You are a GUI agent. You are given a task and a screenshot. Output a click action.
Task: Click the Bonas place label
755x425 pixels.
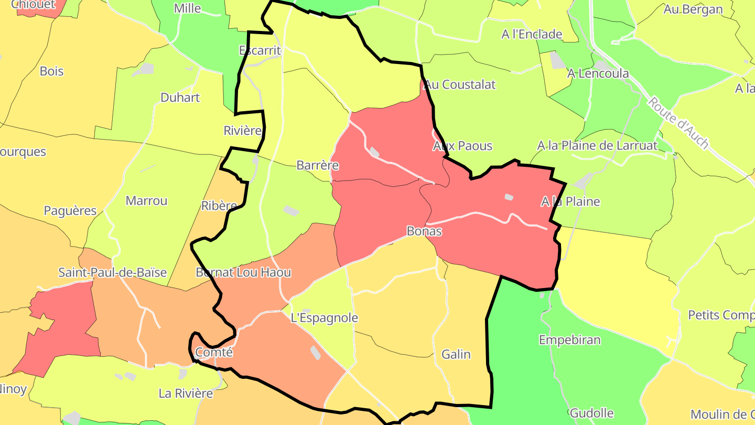(x=424, y=231)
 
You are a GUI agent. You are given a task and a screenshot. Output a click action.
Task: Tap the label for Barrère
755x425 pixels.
(x=318, y=165)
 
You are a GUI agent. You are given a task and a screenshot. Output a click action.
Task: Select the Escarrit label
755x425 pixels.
(x=260, y=50)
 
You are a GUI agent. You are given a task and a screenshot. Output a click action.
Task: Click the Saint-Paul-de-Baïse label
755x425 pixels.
(x=112, y=272)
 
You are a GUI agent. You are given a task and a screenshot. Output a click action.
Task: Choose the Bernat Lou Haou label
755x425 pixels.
(x=243, y=272)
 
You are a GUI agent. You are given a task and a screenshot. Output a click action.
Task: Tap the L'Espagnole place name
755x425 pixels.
(x=324, y=317)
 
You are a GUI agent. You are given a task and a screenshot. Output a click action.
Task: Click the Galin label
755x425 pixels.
(x=456, y=354)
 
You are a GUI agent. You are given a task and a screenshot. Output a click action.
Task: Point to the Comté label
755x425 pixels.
(x=213, y=352)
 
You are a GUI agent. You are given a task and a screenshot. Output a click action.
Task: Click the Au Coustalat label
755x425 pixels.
(x=460, y=84)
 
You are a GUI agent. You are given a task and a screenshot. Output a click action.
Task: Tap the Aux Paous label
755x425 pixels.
(x=462, y=145)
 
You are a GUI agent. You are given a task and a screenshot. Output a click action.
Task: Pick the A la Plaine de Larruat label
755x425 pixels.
(x=597, y=145)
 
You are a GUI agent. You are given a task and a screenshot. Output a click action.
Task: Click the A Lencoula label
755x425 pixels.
(x=598, y=73)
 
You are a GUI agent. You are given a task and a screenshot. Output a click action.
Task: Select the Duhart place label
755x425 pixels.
(x=180, y=98)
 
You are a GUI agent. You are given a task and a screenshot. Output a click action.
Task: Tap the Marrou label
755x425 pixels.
(x=146, y=200)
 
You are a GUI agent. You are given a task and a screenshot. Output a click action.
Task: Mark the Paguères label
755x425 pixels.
(x=70, y=210)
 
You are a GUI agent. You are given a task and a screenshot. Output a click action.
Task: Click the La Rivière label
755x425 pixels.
(x=186, y=393)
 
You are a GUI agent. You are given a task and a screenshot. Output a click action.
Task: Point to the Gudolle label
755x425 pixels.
(x=591, y=413)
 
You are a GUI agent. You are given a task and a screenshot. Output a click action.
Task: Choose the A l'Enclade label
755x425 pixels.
(x=532, y=34)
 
